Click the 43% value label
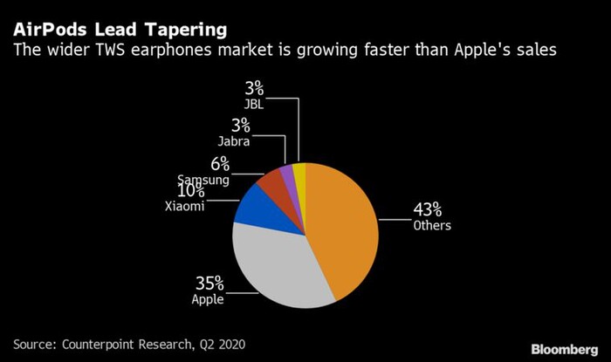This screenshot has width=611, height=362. [428, 210]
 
